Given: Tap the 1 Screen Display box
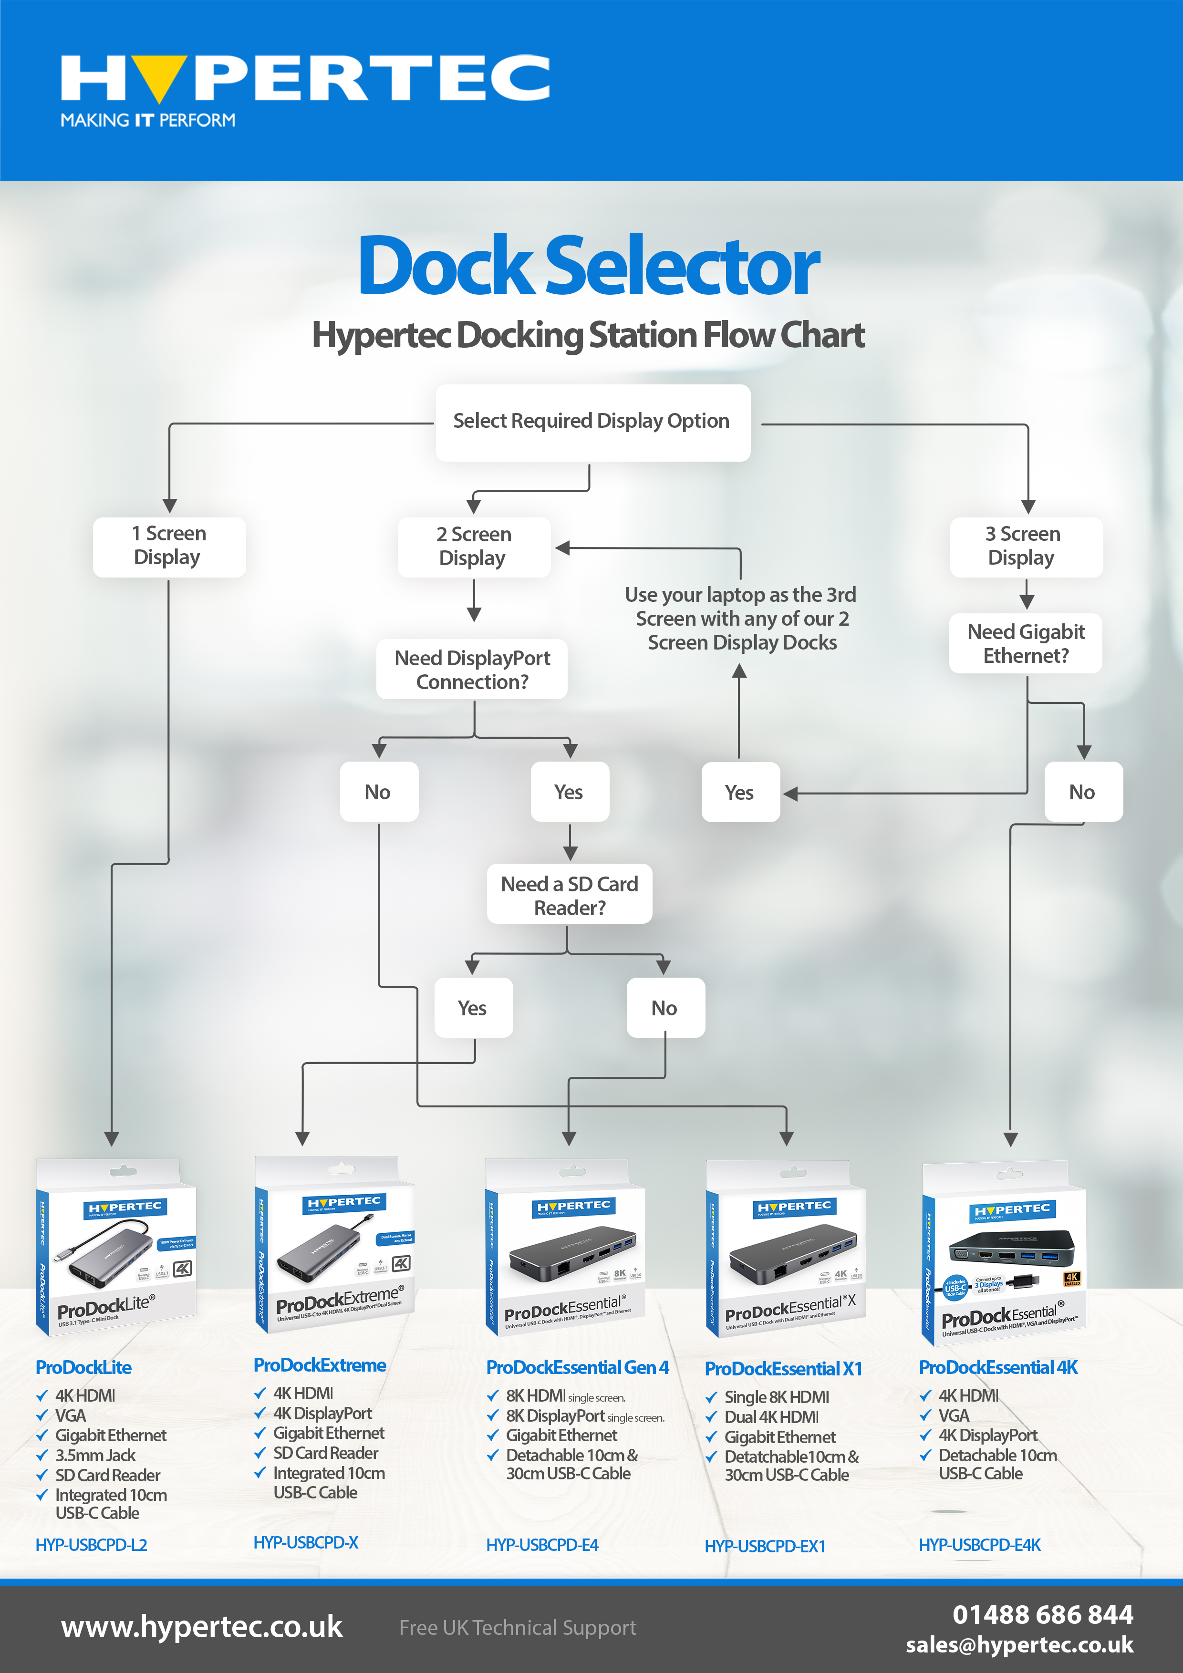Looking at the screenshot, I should point(169,546).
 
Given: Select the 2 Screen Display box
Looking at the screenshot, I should point(474,547).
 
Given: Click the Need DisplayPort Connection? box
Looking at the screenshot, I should point(472,669).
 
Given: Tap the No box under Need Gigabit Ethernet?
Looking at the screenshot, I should point(1082,792).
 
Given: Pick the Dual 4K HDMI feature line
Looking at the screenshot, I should point(771,1417).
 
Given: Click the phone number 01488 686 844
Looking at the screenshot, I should point(1042,1615).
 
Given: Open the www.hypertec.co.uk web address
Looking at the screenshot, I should point(202,1627).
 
